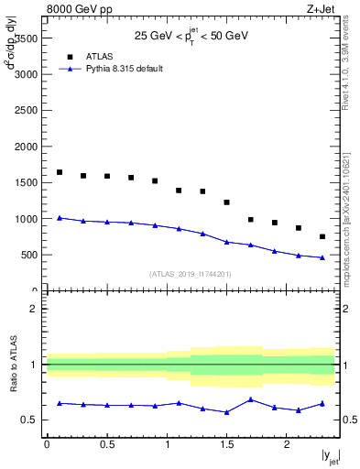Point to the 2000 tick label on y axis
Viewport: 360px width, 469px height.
tap(24, 147)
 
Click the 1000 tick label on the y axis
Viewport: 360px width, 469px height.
tap(24, 219)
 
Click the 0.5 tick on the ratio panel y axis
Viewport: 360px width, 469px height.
tap(29, 420)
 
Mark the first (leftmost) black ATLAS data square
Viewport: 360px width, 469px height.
tap(60, 172)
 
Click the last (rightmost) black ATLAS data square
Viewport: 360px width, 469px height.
tap(322, 236)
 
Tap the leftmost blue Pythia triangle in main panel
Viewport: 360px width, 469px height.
tap(60, 218)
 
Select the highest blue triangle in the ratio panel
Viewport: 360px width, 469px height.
tap(250, 399)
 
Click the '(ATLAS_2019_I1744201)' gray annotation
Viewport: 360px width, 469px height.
tap(191, 274)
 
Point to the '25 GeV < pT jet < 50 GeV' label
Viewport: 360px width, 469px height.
tap(191, 36)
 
